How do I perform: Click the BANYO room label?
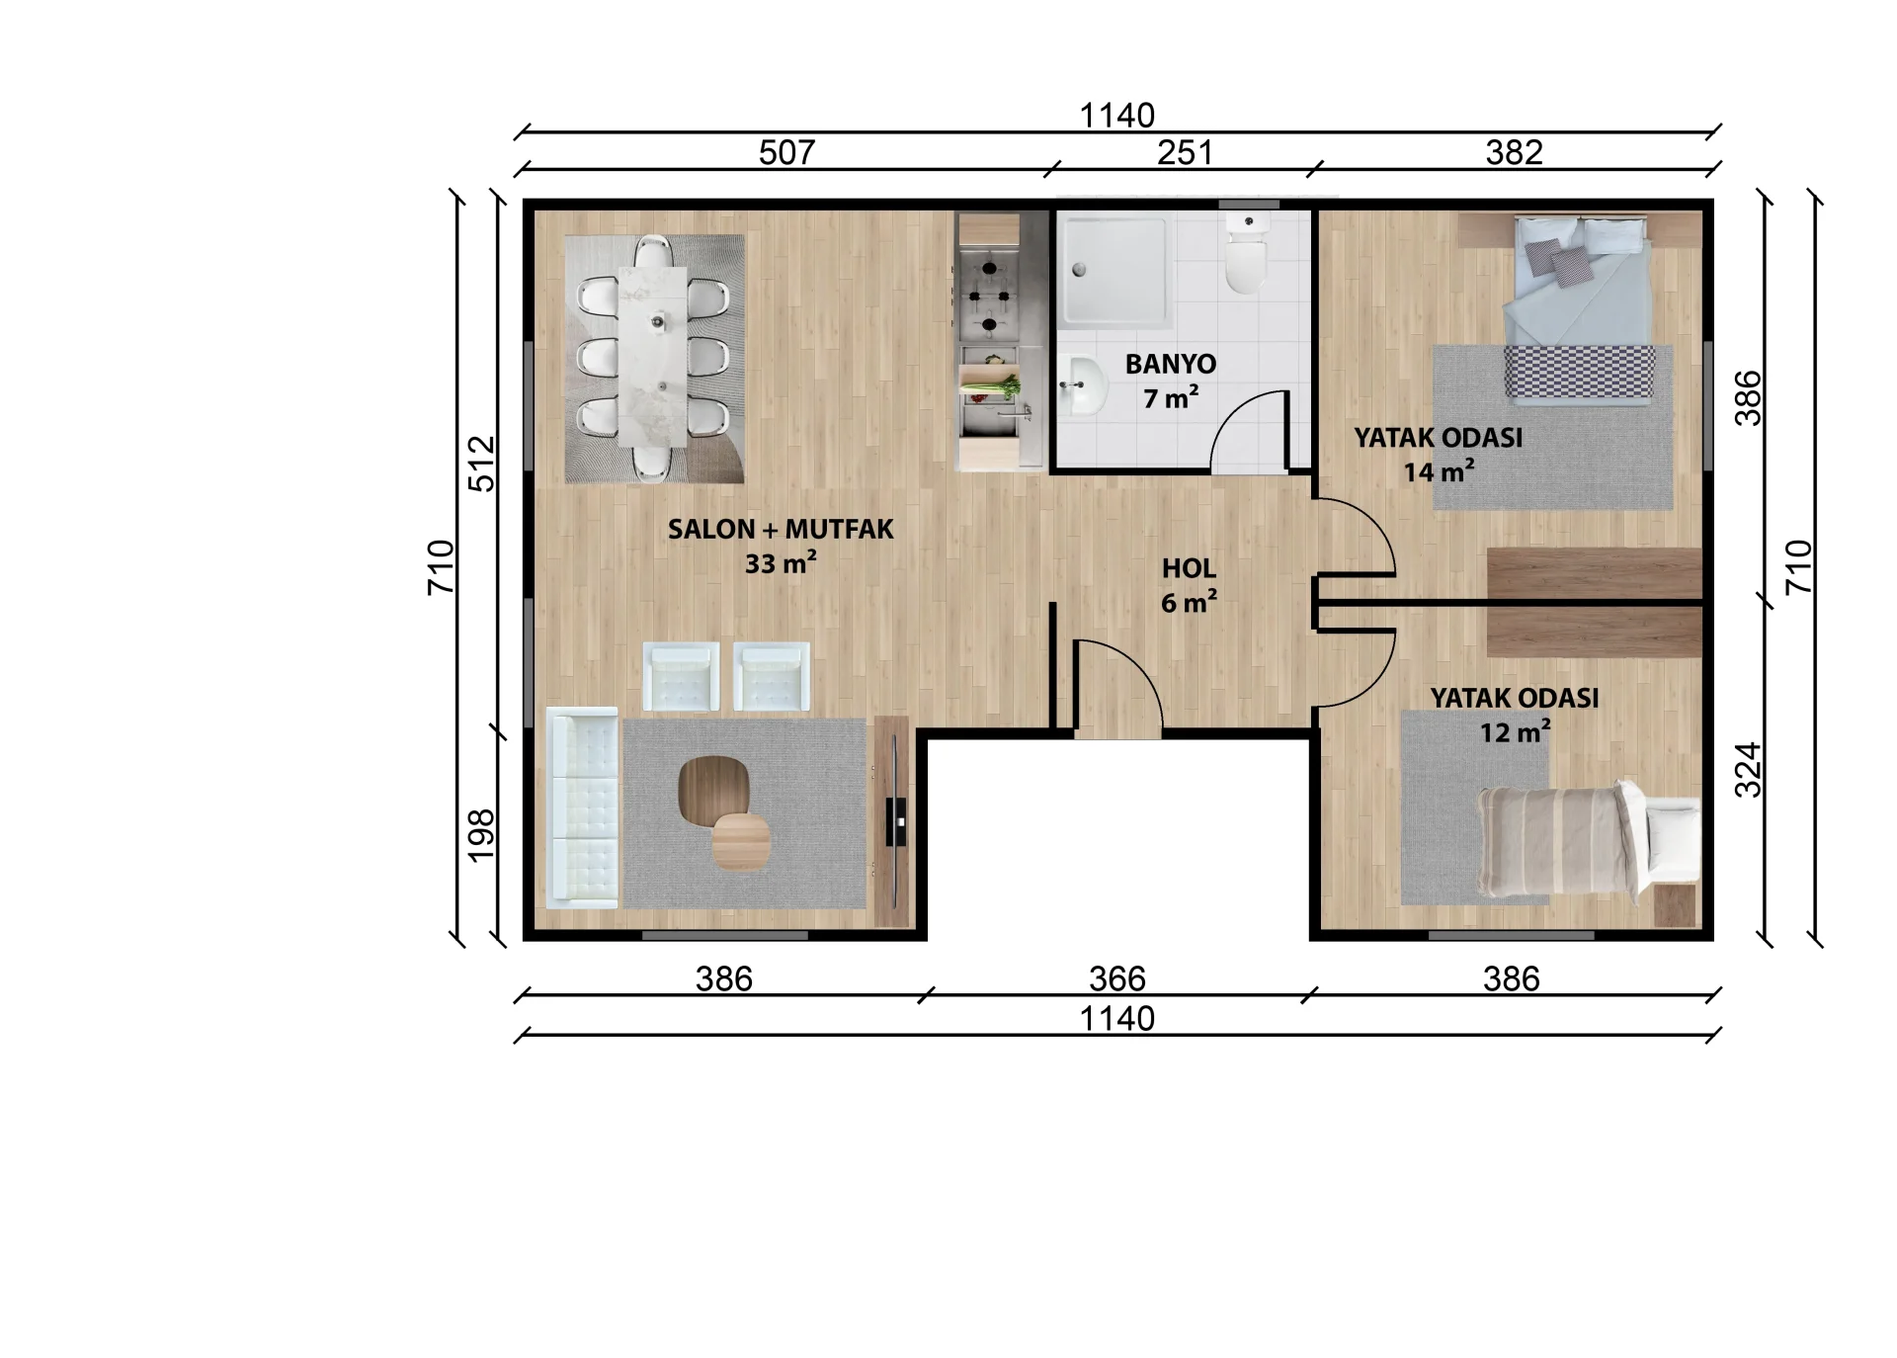pos(1171,364)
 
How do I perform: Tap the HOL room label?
pos(1189,568)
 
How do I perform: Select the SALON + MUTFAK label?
pos(781,529)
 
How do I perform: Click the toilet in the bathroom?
pos(1246,255)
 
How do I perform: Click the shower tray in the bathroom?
pos(1116,269)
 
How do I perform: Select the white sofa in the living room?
pos(583,807)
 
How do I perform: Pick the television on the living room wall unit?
pos(896,820)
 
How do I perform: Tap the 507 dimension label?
pos(786,152)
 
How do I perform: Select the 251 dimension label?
pos(1185,152)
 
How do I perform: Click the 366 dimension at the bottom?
pos(1116,978)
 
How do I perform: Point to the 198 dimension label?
pos(480,835)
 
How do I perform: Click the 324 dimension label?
pos(1748,770)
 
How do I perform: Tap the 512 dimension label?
pos(480,464)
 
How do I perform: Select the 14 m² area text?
pos(1439,471)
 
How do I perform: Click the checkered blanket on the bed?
pos(1579,375)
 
